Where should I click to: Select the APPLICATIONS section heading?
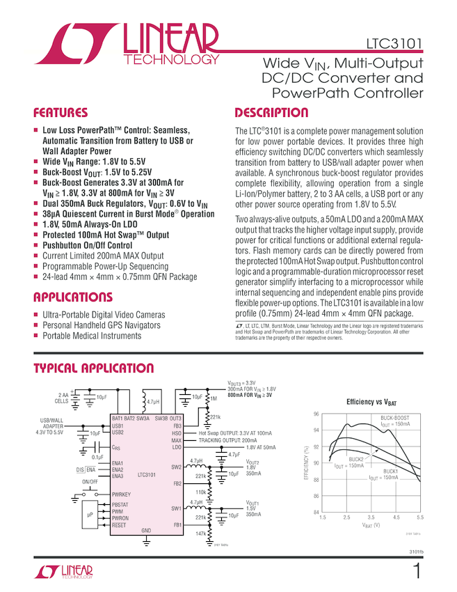(x=73, y=297)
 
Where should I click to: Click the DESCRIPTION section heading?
(x=271, y=113)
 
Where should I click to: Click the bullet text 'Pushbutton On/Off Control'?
(x=87, y=245)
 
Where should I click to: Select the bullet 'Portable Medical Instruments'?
(x=92, y=336)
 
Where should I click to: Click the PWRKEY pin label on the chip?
(x=122, y=494)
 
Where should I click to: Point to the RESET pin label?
(x=120, y=524)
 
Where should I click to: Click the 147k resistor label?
(x=201, y=533)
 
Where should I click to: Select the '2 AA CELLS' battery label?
(x=62, y=398)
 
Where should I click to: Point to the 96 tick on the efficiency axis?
(x=316, y=414)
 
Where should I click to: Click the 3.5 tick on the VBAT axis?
(x=371, y=518)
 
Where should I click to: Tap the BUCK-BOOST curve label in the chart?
(x=394, y=418)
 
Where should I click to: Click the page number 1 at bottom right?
(x=417, y=572)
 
